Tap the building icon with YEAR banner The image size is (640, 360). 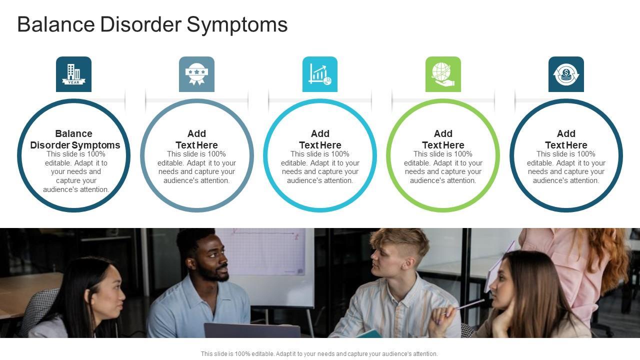(x=73, y=74)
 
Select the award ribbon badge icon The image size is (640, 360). (x=196, y=74)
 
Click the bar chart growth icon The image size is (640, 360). (x=320, y=74)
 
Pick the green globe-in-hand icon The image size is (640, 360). (x=443, y=74)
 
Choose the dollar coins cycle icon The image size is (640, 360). (x=566, y=74)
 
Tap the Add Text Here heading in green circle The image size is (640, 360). (x=443, y=139)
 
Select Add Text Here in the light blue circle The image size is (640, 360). (x=320, y=139)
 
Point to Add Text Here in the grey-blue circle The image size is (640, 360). (x=196, y=139)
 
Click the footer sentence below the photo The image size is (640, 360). (x=319, y=353)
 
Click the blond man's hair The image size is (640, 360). (x=400, y=239)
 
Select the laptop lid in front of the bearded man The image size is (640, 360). (x=252, y=330)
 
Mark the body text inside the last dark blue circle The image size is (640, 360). (x=566, y=167)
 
